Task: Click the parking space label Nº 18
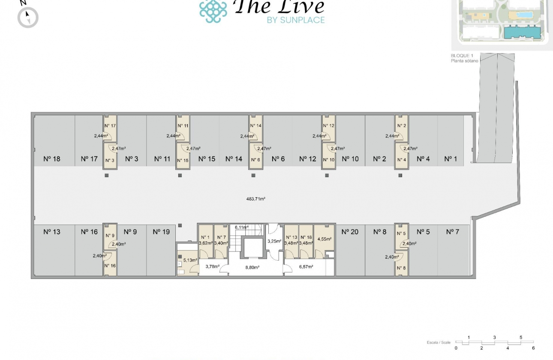52,159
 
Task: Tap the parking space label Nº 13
52,232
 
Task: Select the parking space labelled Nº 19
161,232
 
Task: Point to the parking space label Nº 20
350,232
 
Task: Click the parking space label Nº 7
452,232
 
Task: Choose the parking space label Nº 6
278,159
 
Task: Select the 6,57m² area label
306,267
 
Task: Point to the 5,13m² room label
190,260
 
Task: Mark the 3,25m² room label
274,241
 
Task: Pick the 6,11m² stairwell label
242,227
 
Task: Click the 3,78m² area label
213,267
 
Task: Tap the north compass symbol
28,18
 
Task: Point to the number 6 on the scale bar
533,348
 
